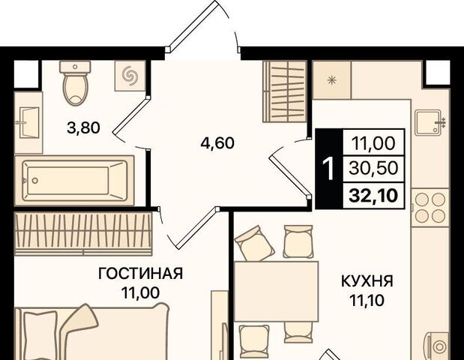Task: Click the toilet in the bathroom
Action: [x=75, y=83]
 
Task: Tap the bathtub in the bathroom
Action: [x=74, y=181]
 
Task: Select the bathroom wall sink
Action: [x=29, y=122]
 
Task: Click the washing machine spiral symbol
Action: [x=130, y=76]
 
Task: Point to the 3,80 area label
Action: [x=84, y=128]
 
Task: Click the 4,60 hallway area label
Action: [x=217, y=143]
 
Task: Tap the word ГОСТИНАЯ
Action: [x=141, y=274]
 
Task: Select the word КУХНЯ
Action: [x=367, y=281]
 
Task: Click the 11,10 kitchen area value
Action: [x=367, y=300]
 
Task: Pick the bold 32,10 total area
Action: [x=373, y=196]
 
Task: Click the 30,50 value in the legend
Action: [x=373, y=168]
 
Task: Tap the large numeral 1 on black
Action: [x=328, y=169]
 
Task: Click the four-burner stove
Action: [x=430, y=208]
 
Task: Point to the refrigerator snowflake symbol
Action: [x=332, y=80]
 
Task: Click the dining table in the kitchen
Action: [x=277, y=291]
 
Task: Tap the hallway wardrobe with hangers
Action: [x=285, y=91]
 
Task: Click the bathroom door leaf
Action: [x=130, y=114]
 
